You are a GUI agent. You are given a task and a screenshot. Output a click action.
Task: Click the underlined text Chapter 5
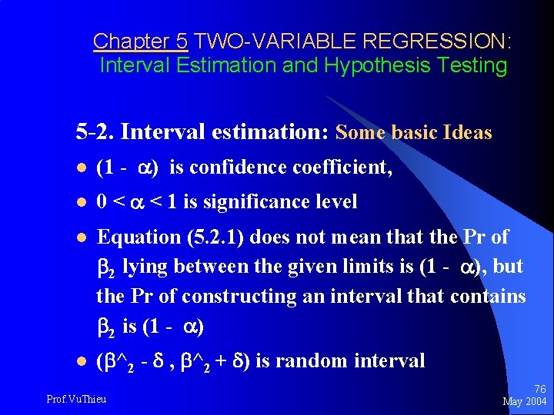click(x=140, y=41)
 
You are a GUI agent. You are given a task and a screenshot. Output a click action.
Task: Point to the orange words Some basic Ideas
click(x=414, y=133)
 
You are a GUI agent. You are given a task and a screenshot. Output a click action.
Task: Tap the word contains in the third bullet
click(x=489, y=296)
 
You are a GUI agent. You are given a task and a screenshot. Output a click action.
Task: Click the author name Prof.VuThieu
click(x=76, y=398)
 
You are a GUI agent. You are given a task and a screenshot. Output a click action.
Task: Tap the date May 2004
click(x=525, y=401)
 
